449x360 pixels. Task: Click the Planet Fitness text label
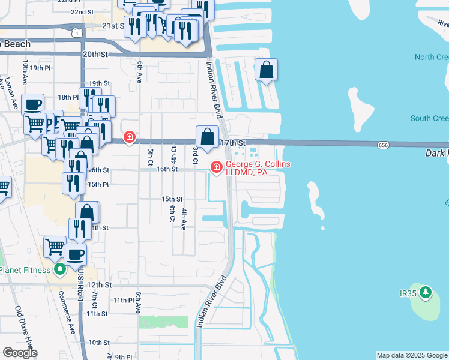tap(25, 270)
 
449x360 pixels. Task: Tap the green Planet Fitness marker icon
tap(59, 270)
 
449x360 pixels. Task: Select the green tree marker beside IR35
tap(426, 293)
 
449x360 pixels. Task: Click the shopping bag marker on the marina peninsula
tap(266, 71)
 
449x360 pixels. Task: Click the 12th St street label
tap(99, 284)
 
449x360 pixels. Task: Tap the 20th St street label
tap(95, 54)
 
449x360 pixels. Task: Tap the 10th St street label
tap(99, 342)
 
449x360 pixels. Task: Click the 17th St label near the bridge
tap(234, 143)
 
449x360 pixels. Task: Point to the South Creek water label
tap(429, 118)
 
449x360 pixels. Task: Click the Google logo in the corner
tap(20, 352)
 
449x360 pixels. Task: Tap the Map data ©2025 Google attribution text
tap(412, 355)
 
